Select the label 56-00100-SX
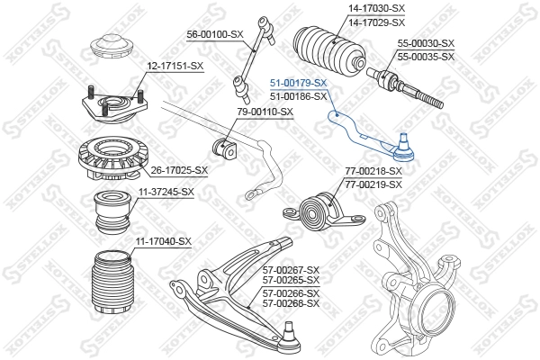(x=215, y=34)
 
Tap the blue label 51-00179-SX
(x=299, y=83)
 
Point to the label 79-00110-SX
(x=265, y=112)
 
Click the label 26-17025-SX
(x=179, y=169)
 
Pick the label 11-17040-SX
(x=164, y=241)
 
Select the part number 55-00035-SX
(x=427, y=56)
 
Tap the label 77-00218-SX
(x=373, y=171)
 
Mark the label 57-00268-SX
(x=291, y=303)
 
